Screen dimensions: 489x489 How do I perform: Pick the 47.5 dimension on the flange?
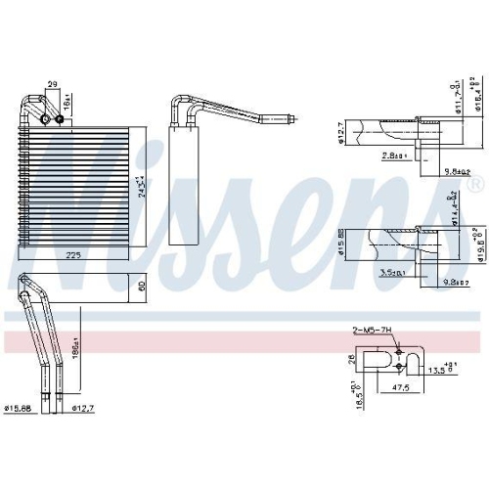400,386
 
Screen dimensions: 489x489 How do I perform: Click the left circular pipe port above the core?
43,119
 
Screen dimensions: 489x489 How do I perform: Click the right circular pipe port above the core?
60,119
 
